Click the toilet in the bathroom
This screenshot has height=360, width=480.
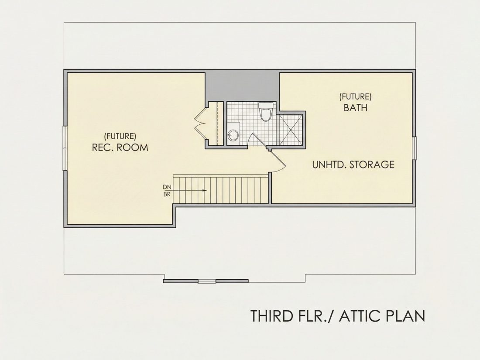[x=265, y=111]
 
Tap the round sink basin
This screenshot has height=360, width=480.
[x=233, y=134]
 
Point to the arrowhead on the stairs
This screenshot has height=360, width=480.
[x=205, y=190]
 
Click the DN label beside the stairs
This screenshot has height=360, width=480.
[x=167, y=187]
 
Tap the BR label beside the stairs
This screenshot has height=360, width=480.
[x=167, y=194]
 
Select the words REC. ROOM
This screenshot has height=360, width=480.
[x=120, y=147]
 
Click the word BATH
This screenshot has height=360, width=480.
[x=355, y=108]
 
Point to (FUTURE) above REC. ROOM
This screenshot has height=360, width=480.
[x=120, y=136]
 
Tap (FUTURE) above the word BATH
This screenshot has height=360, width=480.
[x=355, y=97]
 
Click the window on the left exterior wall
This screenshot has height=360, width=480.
[x=65, y=148]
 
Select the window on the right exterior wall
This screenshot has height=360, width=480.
[x=414, y=148]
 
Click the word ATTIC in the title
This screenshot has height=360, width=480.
[x=359, y=316]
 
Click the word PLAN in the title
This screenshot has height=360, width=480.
[x=405, y=316]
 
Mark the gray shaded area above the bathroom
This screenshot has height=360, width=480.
[x=242, y=86]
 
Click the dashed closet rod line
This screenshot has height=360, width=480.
[x=217, y=123]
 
